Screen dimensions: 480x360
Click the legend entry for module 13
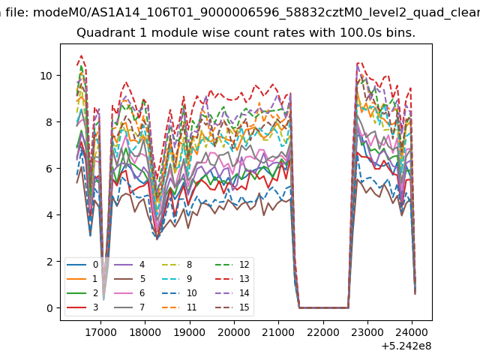point(232,279)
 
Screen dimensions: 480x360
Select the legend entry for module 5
point(130,279)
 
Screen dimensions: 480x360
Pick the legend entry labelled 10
point(179,293)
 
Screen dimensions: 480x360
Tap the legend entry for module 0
point(82,265)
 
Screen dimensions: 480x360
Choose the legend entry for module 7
point(130,307)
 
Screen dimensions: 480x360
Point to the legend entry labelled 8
point(177,265)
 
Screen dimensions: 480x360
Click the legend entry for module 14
point(232,293)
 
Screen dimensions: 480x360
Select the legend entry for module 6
point(130,293)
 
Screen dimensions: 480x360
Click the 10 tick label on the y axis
point(46,76)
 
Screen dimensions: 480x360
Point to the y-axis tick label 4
point(49,215)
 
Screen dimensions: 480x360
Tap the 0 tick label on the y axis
point(49,308)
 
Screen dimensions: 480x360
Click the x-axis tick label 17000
point(100,332)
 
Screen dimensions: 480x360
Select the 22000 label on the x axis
point(323,332)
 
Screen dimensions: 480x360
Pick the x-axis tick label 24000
point(412,332)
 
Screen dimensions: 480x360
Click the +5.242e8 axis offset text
point(406,346)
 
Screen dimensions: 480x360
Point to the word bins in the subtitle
point(400,33)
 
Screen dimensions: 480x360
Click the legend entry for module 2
point(82,293)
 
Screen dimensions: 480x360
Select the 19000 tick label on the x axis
point(190,332)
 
